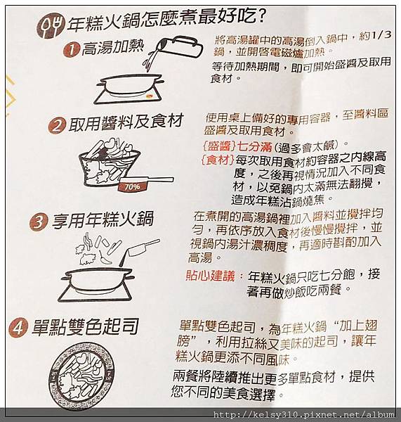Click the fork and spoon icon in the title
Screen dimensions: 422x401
click(x=50, y=25)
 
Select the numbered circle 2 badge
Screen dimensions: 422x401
click(x=57, y=126)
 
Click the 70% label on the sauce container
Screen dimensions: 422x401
click(x=129, y=188)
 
